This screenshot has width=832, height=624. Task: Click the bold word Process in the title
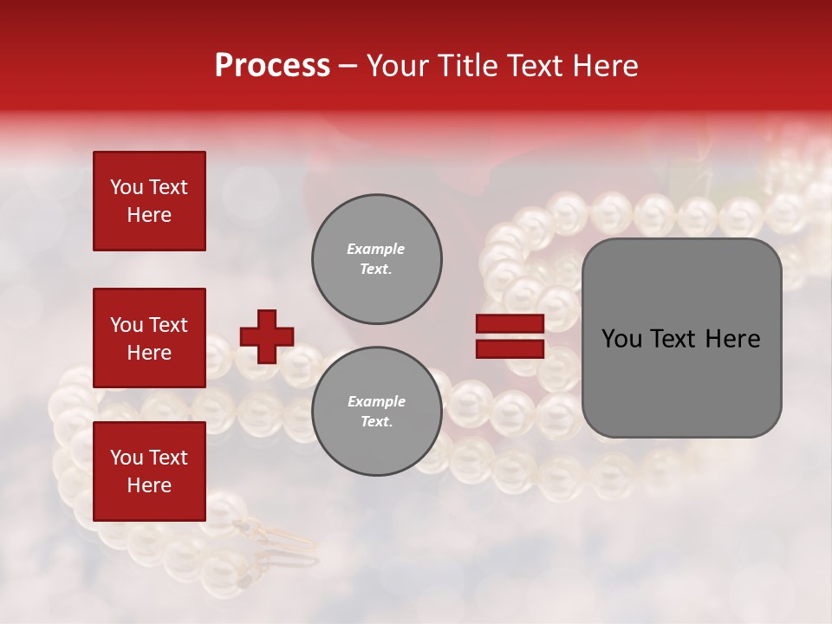[x=272, y=66]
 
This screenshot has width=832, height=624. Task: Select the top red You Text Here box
[x=149, y=201]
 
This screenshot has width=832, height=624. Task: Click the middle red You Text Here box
[x=149, y=338]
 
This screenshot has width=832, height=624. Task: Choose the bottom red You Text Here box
[x=149, y=471]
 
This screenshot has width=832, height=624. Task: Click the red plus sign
[x=266, y=336]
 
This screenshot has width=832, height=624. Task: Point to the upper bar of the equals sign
[x=510, y=323]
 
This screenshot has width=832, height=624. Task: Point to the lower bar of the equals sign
[x=510, y=348]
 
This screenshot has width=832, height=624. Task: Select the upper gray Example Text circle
[x=376, y=258]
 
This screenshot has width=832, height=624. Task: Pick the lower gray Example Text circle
[x=376, y=411]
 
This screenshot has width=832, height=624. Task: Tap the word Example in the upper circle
[x=376, y=249]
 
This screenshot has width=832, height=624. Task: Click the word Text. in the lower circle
[x=376, y=421]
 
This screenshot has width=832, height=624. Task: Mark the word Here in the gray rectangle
[x=732, y=339]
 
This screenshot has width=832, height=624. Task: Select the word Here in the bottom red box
[x=149, y=485]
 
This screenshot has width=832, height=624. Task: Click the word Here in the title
[x=604, y=66]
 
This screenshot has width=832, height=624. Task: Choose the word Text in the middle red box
[x=169, y=325]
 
